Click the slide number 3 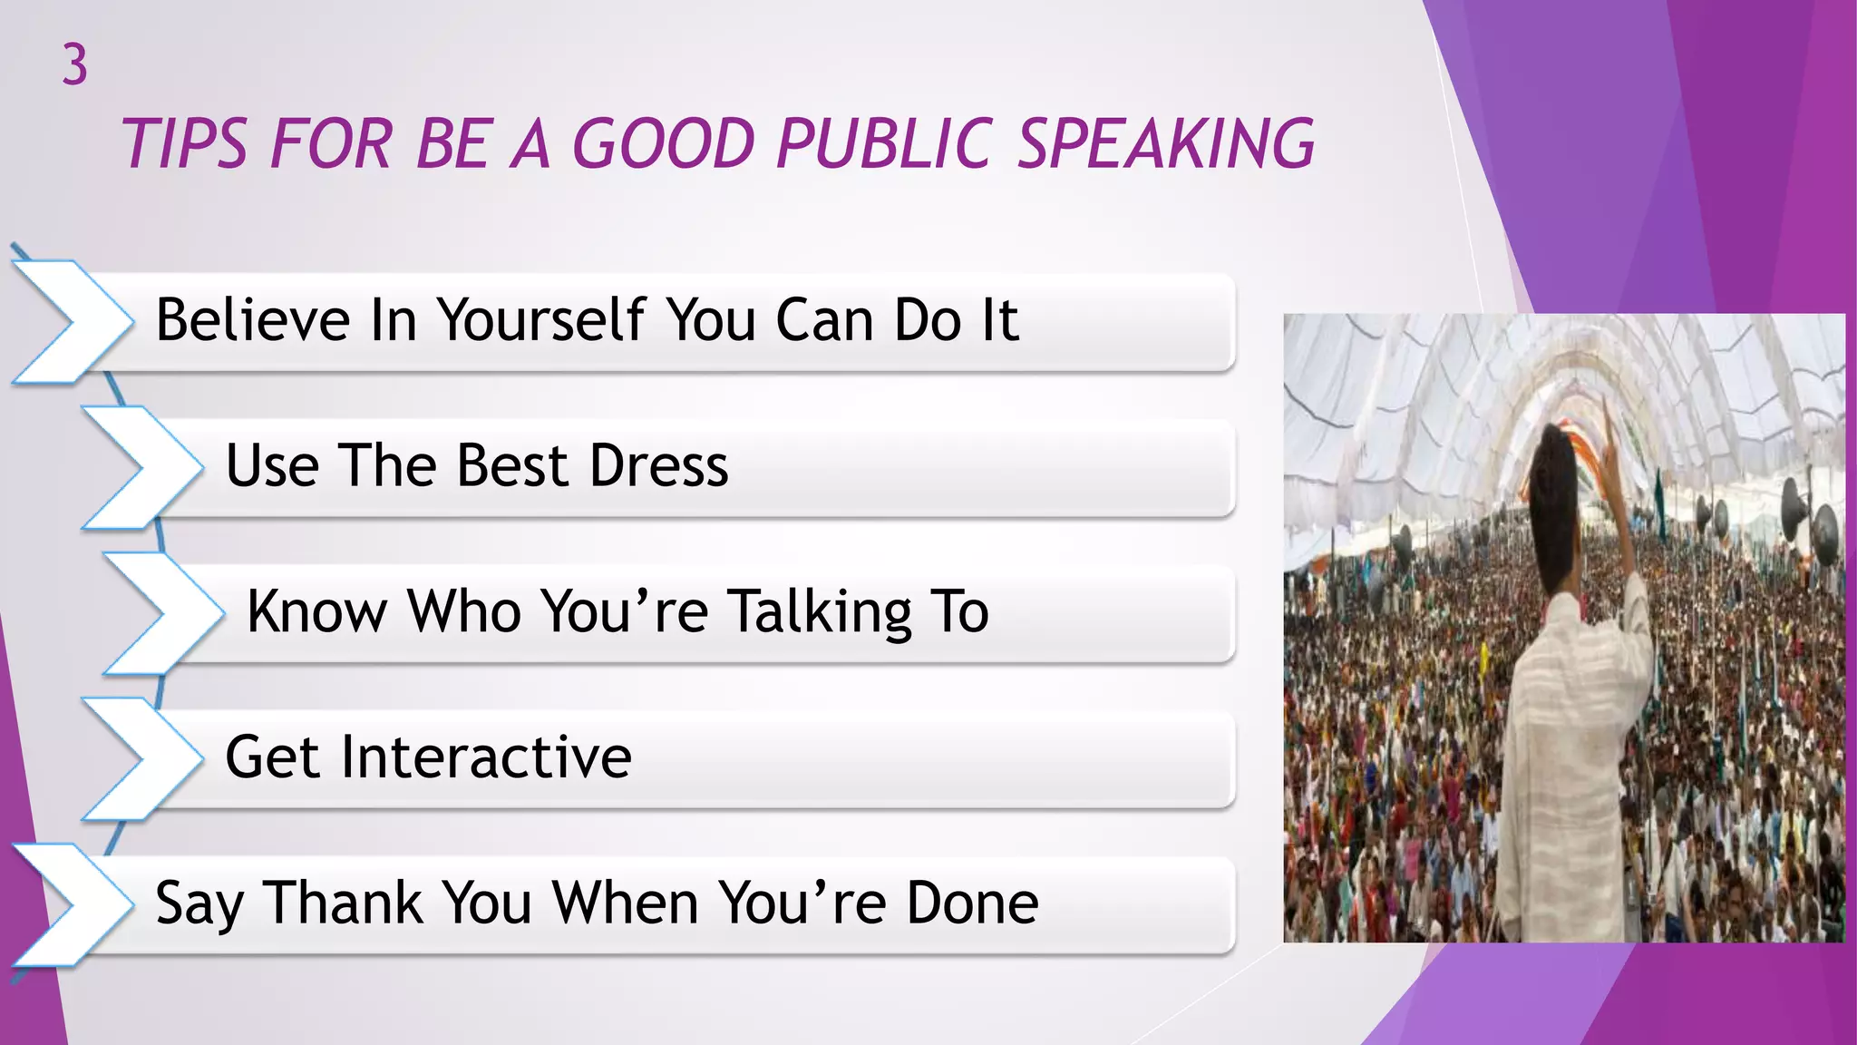[x=75, y=65]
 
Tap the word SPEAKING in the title [x=1165, y=144]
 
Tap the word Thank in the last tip [x=344, y=903]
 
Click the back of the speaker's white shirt [x=1569, y=726]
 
